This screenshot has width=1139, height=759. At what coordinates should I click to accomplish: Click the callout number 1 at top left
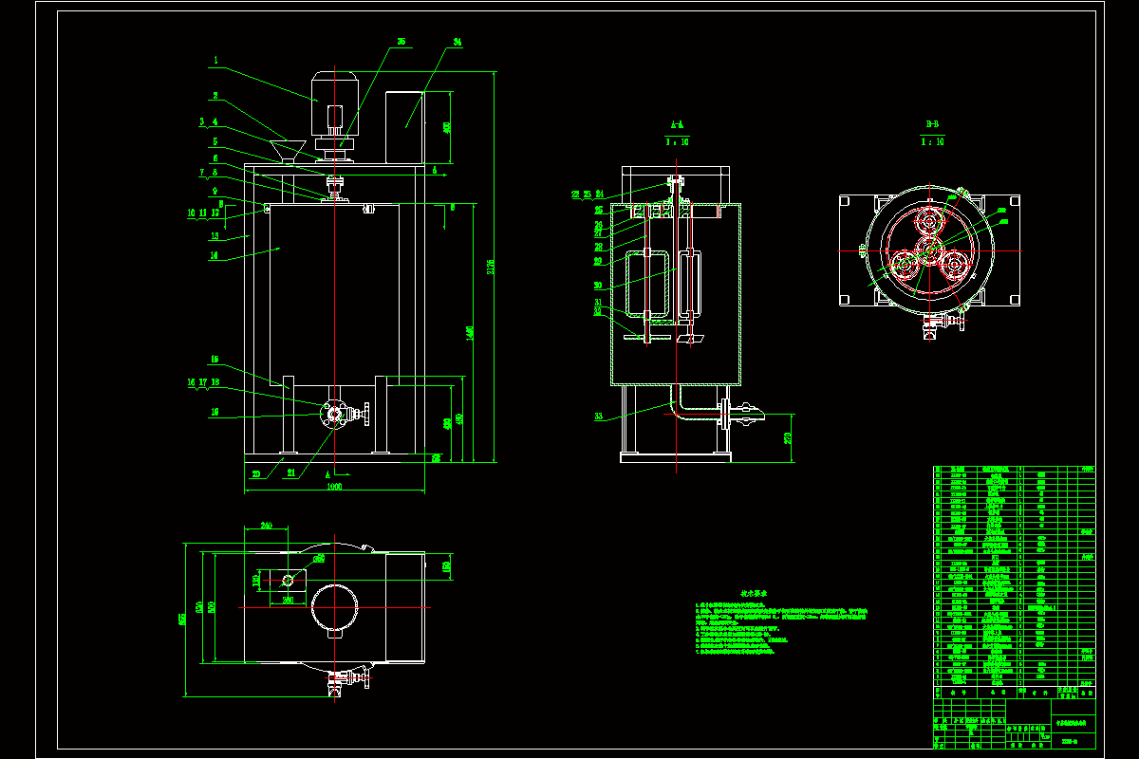click(x=215, y=60)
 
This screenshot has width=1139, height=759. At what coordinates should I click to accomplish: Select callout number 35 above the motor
click(x=401, y=43)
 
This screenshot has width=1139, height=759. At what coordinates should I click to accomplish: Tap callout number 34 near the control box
click(x=457, y=43)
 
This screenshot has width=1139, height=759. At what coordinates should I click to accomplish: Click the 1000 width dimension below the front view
click(x=334, y=486)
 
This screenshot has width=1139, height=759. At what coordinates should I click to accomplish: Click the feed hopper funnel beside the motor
click(x=286, y=148)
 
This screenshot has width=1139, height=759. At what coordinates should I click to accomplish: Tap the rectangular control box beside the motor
click(x=404, y=125)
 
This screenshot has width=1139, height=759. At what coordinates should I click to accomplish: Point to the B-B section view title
click(x=933, y=124)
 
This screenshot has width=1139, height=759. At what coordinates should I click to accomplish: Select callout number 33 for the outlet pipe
click(x=598, y=416)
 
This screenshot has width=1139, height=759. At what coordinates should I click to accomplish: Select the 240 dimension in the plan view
click(x=267, y=525)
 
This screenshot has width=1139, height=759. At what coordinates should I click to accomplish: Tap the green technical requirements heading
click(x=754, y=594)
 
